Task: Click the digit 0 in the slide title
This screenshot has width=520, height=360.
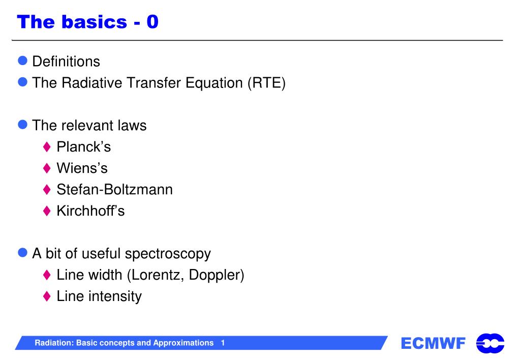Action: coord(152,22)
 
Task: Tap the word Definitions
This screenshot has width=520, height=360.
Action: coord(66,62)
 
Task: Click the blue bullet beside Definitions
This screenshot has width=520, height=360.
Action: coord(22,61)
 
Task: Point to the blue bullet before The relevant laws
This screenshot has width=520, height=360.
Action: coord(22,125)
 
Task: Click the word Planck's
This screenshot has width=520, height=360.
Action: coord(83,146)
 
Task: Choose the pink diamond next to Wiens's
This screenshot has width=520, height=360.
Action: coord(47,168)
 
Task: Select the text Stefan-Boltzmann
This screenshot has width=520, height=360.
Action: coord(115,190)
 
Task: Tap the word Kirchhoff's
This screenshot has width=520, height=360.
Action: coord(90,211)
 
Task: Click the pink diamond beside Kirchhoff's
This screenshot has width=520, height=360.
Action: coord(47,211)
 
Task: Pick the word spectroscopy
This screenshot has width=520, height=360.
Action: coord(168,254)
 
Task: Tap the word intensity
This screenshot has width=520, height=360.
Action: coord(115,296)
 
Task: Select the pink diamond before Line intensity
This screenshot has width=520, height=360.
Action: coord(47,296)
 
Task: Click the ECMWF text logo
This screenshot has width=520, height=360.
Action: coord(433,343)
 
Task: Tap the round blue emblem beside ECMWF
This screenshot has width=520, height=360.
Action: coord(490,343)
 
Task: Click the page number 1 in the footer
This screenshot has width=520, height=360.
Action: coord(223,343)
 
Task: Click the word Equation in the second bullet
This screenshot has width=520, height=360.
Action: coord(214,83)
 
